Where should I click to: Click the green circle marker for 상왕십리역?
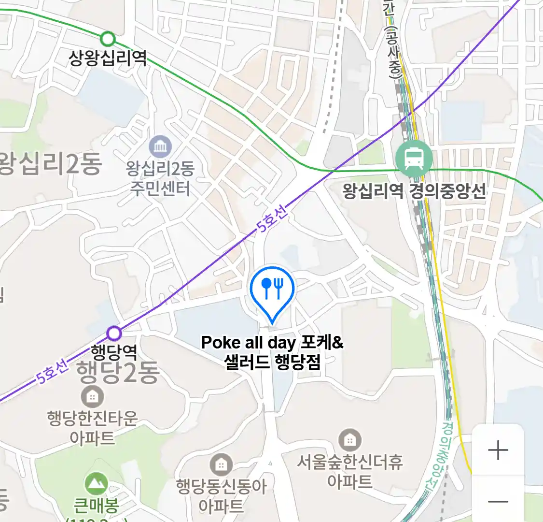click(108, 39)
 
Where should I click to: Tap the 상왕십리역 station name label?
click(108, 58)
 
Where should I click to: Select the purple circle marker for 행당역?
click(114, 333)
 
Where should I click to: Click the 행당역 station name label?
click(114, 351)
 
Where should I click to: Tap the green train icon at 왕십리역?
click(414, 158)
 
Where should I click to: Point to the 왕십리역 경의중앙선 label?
click(414, 191)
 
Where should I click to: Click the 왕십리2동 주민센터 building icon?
click(160, 147)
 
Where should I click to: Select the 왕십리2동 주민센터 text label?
click(160, 178)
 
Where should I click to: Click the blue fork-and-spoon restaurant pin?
click(272, 290)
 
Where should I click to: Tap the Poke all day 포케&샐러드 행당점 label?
click(272, 352)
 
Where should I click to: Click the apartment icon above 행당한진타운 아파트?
click(92, 397)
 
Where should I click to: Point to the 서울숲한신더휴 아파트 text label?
click(349, 471)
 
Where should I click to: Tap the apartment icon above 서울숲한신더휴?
click(349, 440)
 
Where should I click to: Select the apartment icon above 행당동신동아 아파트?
click(221, 465)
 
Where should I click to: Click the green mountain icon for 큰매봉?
click(96, 483)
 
